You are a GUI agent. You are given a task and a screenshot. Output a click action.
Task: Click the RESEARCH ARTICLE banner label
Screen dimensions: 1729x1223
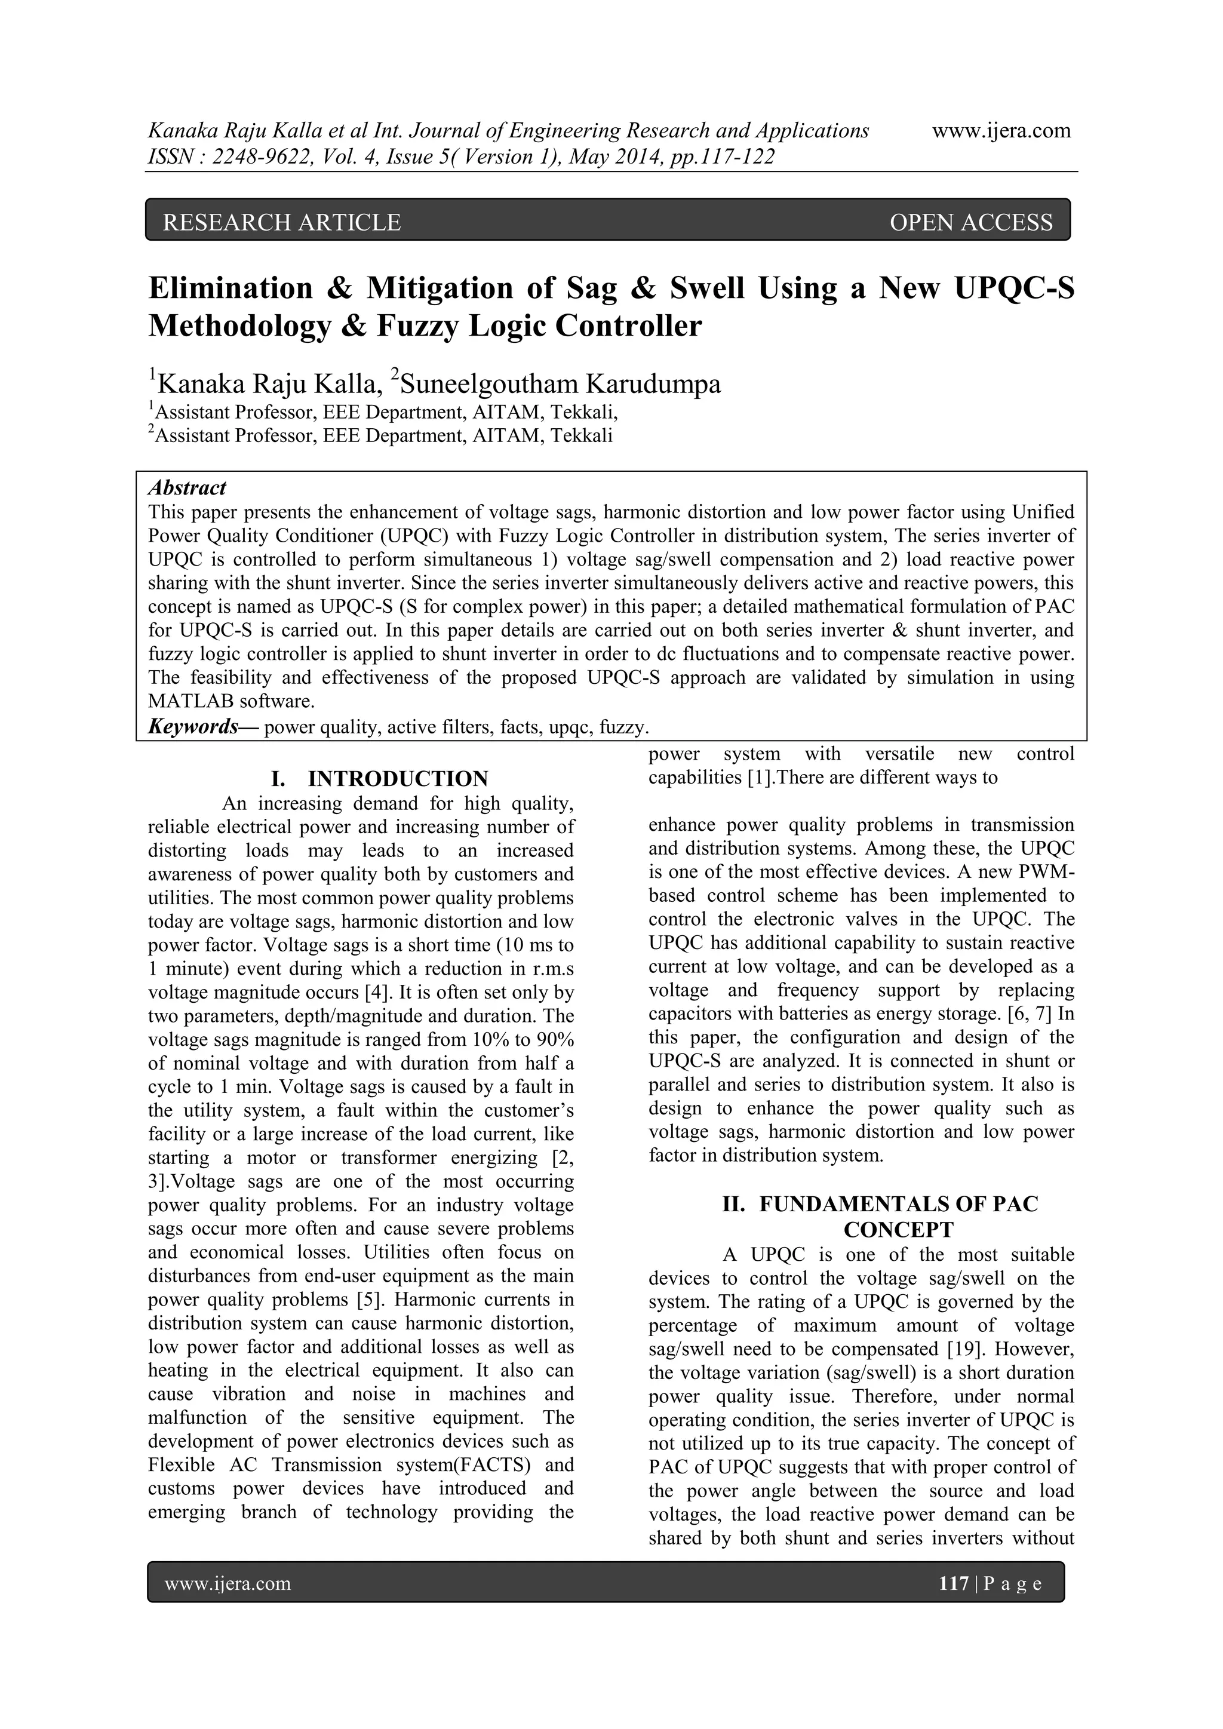282,222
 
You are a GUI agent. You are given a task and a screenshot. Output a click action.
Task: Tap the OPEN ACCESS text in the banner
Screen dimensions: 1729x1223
971,222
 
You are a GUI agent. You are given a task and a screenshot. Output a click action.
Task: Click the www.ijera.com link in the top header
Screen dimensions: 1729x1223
1001,131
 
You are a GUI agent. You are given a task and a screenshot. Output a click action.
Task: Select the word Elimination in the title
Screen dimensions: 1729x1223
231,288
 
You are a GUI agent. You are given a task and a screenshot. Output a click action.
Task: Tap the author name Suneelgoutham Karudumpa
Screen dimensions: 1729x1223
560,384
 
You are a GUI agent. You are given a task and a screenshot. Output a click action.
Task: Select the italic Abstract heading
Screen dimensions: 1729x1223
187,488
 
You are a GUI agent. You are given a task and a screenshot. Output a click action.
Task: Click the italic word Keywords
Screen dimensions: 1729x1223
193,727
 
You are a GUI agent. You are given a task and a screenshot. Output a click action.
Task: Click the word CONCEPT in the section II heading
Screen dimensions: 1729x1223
898,1230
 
